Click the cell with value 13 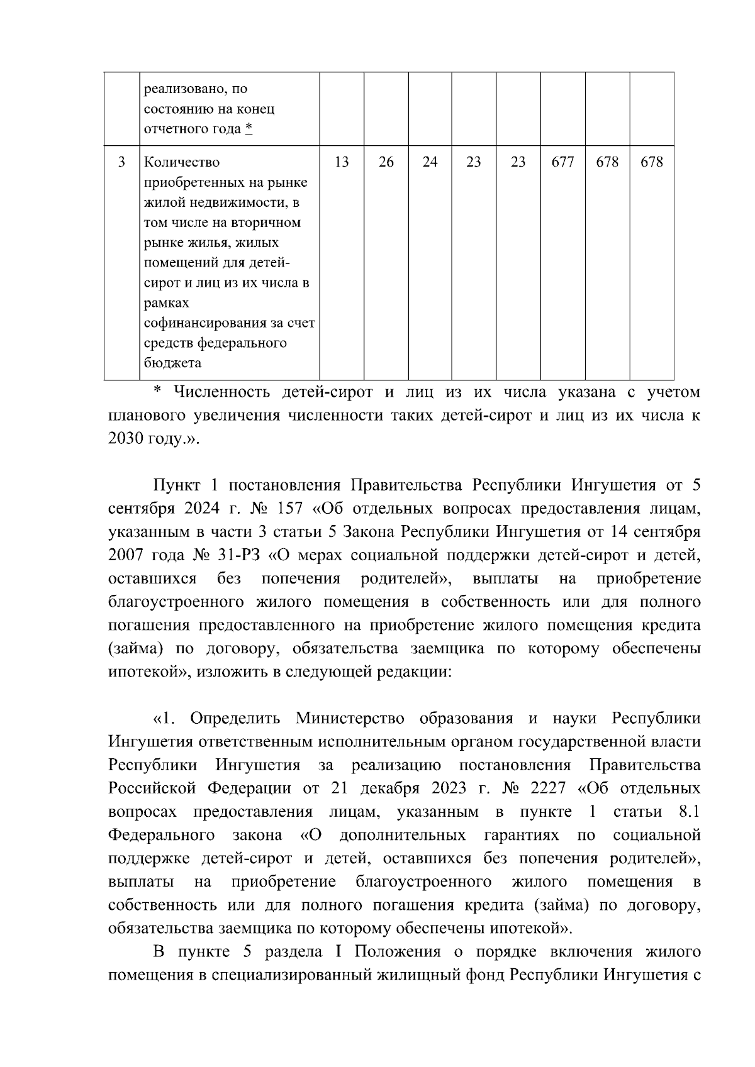[x=342, y=162]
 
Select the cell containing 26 [x=386, y=162]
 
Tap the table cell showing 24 [x=430, y=162]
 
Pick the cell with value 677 [x=562, y=162]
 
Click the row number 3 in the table [x=121, y=162]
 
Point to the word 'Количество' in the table [x=182, y=162]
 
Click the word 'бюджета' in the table [x=172, y=363]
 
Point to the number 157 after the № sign [x=291, y=509]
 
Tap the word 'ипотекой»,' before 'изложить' [x=150, y=672]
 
